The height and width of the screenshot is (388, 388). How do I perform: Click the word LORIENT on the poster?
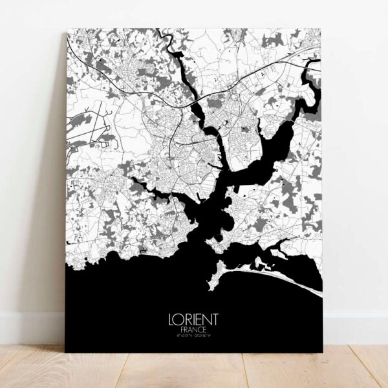(193, 319)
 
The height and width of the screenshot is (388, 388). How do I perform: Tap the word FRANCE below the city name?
(193, 329)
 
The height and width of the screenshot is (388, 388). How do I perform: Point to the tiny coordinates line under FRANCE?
(193, 336)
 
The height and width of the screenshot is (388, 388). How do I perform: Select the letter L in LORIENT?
(171, 319)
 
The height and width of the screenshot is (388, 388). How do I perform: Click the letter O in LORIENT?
(178, 319)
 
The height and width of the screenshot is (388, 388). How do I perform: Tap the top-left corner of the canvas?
(68, 29)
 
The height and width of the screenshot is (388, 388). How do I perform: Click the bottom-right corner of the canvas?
(323, 352)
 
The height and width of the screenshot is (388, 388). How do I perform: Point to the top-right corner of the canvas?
(321, 29)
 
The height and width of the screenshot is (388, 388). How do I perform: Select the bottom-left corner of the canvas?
(65, 352)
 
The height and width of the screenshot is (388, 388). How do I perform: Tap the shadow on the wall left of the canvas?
(52, 194)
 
